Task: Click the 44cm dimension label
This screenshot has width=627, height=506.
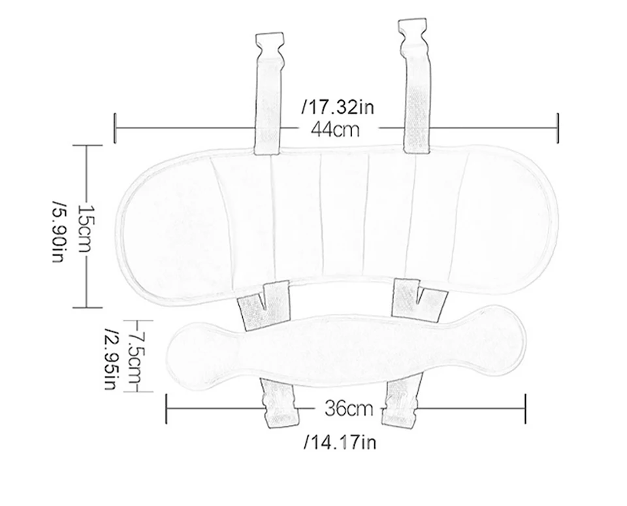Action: pos(335,129)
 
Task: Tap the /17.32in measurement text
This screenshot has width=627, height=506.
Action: pos(338,107)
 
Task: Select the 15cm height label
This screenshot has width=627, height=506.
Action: pos(85,229)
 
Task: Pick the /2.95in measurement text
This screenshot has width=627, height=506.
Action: pos(111,359)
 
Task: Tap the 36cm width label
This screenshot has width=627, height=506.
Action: pos(349,409)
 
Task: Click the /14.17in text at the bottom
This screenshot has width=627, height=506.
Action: pos(340,443)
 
